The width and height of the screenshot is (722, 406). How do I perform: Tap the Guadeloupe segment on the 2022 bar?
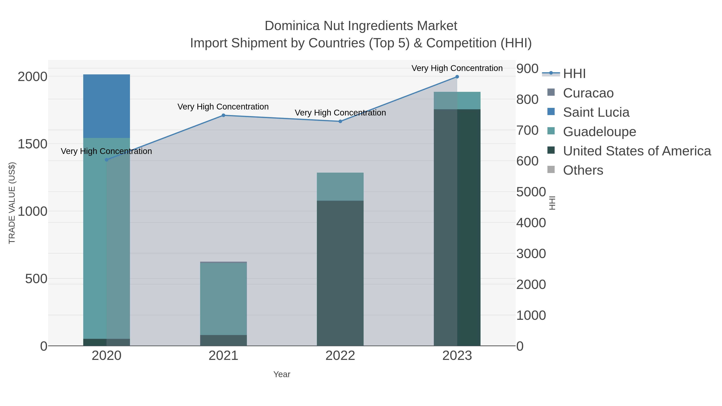click(340, 186)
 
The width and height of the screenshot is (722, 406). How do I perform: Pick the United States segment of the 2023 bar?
click(457, 227)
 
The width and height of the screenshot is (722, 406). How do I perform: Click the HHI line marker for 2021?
click(223, 115)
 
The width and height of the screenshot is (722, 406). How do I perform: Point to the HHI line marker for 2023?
click(457, 77)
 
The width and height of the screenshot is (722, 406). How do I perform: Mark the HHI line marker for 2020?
click(106, 160)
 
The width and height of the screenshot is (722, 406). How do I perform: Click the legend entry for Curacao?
click(588, 93)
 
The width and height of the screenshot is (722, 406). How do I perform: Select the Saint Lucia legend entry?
click(596, 112)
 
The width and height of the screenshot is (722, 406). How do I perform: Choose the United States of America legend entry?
click(637, 151)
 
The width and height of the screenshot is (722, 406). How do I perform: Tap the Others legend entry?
click(583, 170)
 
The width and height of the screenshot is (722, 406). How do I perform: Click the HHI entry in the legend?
click(574, 74)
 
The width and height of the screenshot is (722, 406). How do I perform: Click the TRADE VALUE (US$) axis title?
click(12, 203)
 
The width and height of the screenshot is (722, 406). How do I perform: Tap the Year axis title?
click(282, 374)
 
